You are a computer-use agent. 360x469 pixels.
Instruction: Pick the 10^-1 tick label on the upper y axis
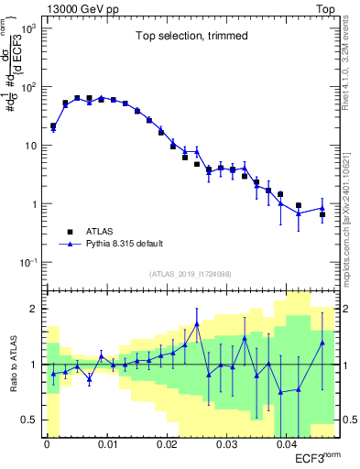(27, 264)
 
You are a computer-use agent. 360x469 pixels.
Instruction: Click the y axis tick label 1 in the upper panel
(36, 205)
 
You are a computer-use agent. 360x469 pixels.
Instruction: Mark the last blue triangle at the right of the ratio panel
(322, 343)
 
